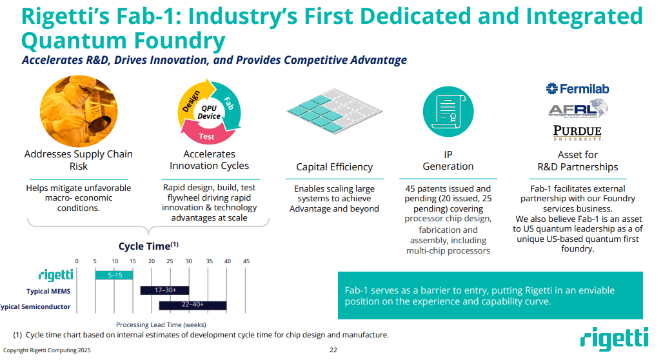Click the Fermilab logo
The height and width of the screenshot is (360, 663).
pos(577,89)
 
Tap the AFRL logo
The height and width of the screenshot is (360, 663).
pos(577,109)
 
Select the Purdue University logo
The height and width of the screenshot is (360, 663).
pos(577,132)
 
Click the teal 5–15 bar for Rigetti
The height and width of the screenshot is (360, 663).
pos(114,275)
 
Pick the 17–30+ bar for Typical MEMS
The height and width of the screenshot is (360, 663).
pos(164,290)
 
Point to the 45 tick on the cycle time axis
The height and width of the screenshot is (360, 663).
pos(246,261)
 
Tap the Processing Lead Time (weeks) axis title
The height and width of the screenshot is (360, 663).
pos(161,325)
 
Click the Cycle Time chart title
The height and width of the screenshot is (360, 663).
pos(148,246)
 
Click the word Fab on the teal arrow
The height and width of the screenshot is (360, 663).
pos(228,103)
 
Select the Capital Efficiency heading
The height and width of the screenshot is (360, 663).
pos(334,167)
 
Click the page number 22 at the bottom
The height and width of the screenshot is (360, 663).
pos(333,350)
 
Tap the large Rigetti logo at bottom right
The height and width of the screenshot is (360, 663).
pos(613,339)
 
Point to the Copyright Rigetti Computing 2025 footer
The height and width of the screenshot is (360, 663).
pos(47,350)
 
